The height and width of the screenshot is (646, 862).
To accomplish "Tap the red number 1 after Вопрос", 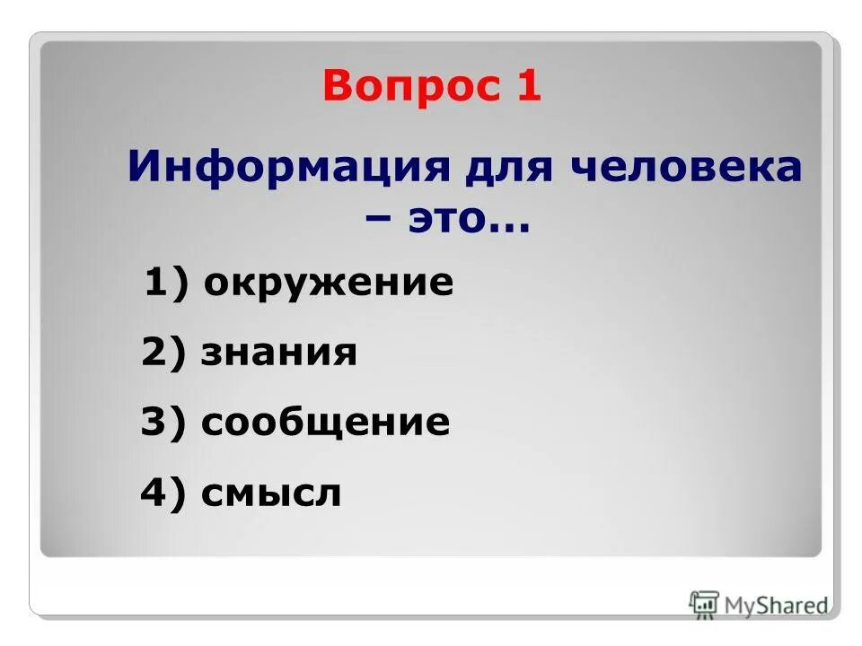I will (x=528, y=87).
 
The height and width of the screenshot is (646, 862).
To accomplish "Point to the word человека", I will (x=683, y=167).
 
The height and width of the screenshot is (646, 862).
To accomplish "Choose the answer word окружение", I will (x=328, y=284).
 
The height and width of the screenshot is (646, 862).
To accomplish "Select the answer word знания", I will (x=279, y=354).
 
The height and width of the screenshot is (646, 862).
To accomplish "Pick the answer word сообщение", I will (x=325, y=423).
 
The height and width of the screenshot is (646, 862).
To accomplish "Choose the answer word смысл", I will (x=271, y=493).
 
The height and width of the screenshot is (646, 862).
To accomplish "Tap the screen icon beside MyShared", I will (x=705, y=604).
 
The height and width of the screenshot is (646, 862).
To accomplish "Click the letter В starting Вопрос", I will (x=339, y=87).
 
